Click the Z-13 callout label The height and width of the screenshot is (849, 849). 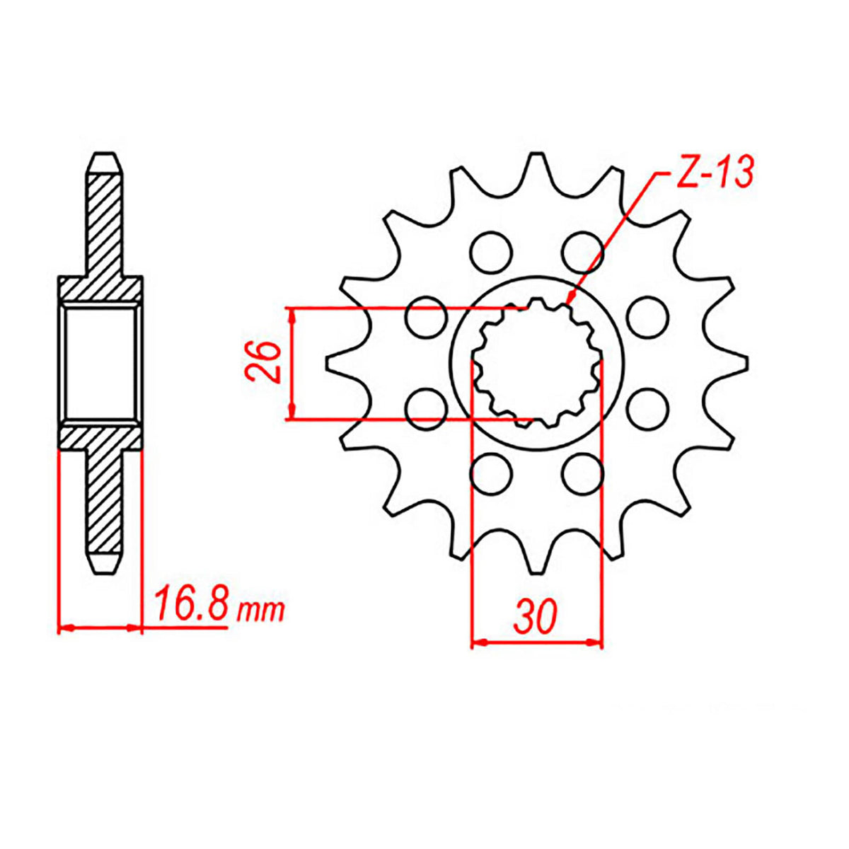715,173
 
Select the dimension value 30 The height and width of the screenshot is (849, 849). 536,616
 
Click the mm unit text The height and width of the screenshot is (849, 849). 261,610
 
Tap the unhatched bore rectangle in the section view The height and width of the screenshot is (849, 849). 99,362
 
